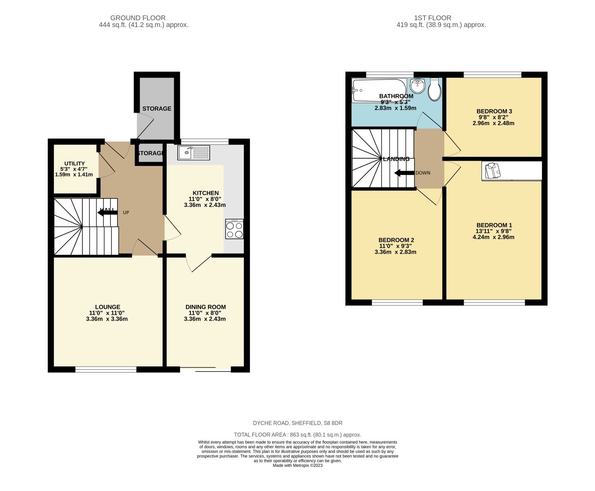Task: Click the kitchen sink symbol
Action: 194,153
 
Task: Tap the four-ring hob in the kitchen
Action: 234,229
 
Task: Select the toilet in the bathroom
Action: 434,90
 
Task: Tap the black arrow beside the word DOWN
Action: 403,173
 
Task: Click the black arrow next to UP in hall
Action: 107,212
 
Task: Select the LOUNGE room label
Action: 107,307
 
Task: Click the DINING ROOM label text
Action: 205,307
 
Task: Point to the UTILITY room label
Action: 75,164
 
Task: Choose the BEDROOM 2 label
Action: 396,240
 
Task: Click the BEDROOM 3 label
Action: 494,111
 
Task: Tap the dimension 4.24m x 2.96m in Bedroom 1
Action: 493,237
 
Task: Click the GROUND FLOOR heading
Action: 138,18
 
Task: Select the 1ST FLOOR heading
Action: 432,18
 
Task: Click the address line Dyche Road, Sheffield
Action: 297,423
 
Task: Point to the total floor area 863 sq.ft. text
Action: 297,435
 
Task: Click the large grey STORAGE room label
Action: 157,108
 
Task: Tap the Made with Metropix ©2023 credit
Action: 297,466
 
